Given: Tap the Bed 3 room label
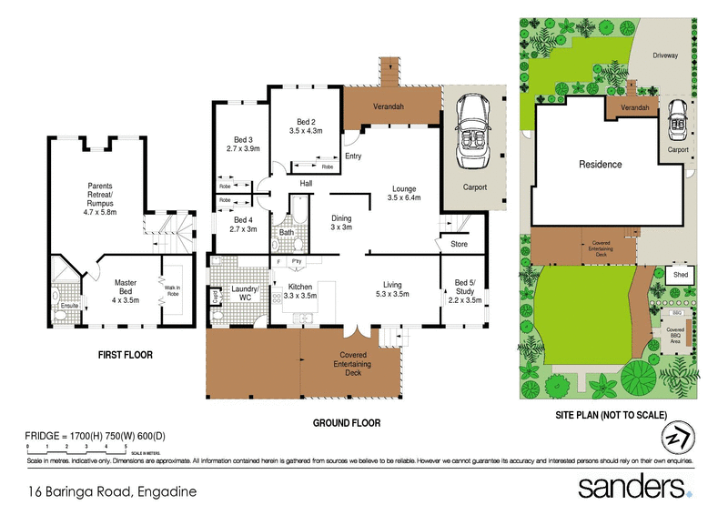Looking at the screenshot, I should point(243,143).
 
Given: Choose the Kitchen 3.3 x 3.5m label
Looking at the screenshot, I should point(301,292).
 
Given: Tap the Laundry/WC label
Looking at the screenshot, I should point(244,292).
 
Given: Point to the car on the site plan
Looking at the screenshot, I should point(678,118).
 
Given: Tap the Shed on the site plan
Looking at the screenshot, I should point(680,273).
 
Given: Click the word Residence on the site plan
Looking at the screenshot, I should point(601,165).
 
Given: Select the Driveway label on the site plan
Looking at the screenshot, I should point(665,56).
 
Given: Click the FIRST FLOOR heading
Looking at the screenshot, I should point(126,355).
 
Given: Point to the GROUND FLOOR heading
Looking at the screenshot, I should point(346,423).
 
